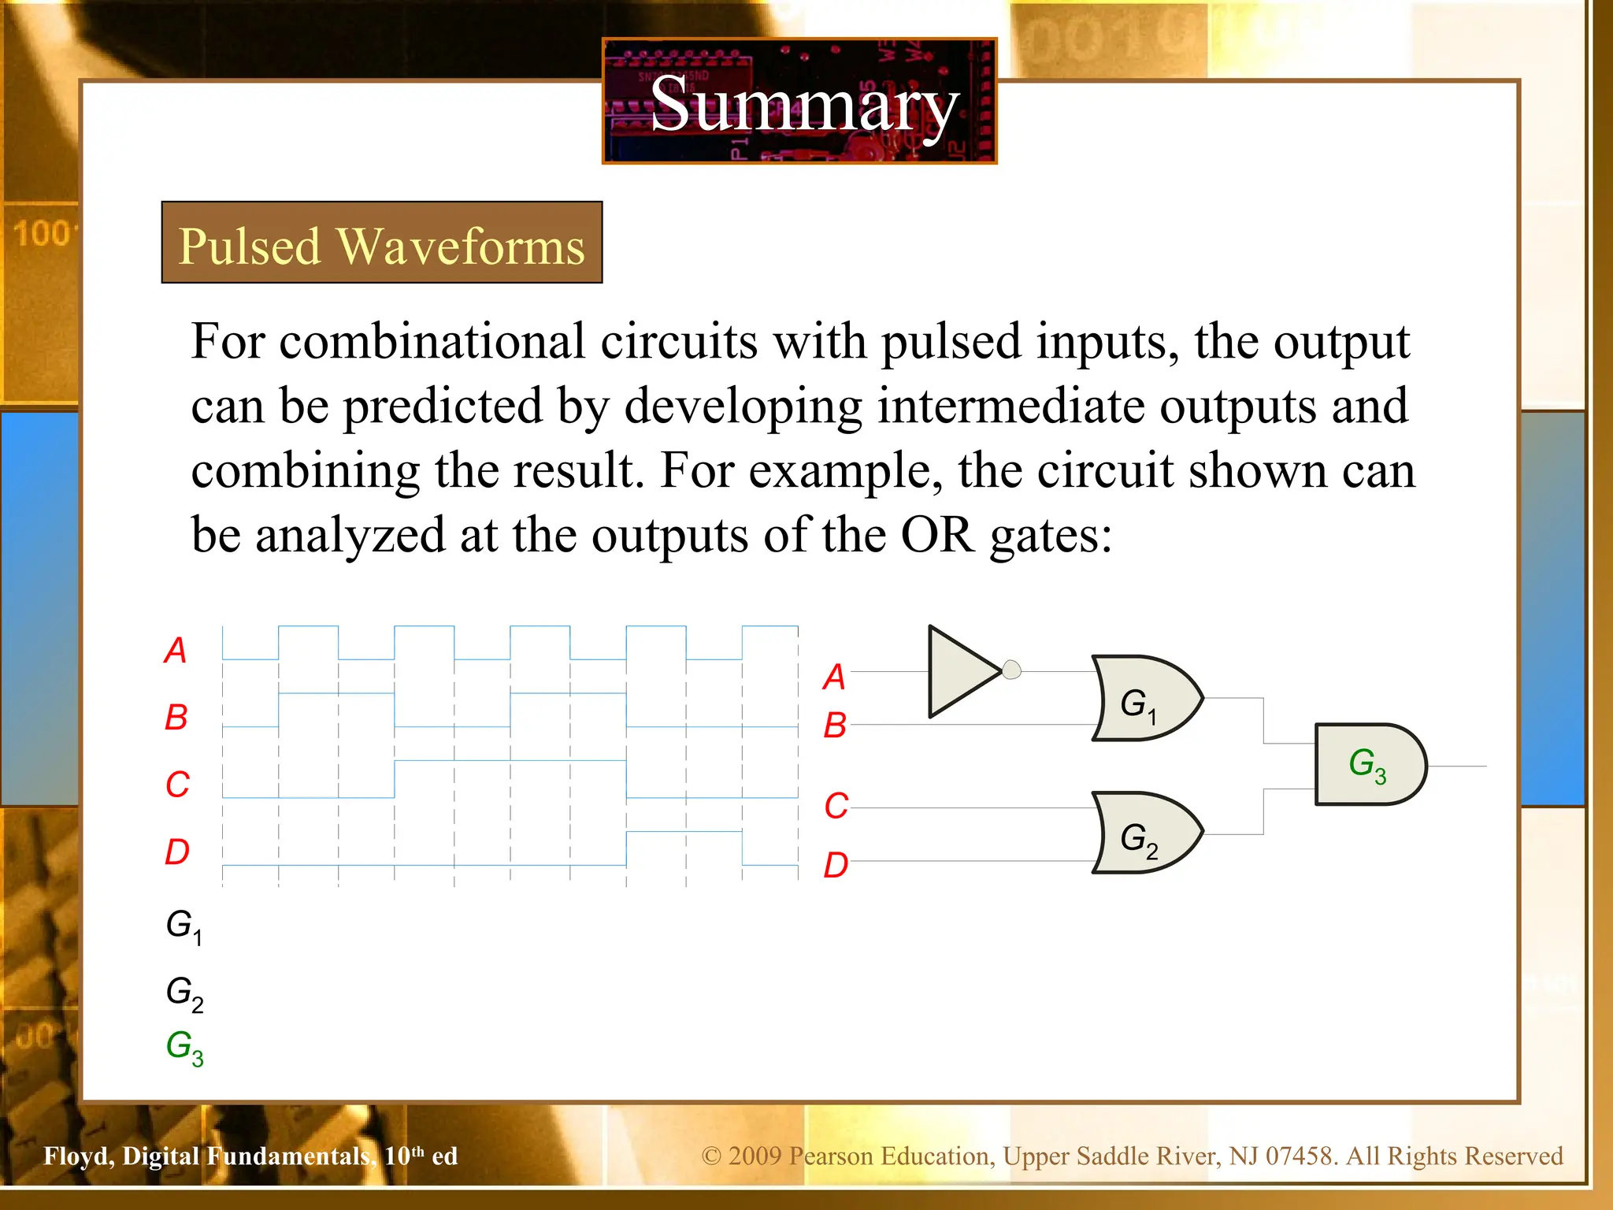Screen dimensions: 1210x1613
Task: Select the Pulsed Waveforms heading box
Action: coord(382,243)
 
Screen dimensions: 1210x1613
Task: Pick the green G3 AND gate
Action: coord(1369,764)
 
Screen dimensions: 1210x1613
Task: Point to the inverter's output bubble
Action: coord(1012,670)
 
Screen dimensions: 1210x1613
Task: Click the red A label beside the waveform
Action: coord(176,651)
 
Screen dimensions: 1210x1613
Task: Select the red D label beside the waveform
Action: coord(177,852)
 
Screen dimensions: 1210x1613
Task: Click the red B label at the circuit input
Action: coord(835,726)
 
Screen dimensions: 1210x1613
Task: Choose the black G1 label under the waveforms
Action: coord(184,926)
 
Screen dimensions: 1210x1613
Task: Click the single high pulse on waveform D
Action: coord(684,832)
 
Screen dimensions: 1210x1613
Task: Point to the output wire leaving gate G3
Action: coord(1457,766)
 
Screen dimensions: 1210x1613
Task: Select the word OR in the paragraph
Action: coord(936,536)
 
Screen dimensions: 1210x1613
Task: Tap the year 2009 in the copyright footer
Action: coord(755,1156)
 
